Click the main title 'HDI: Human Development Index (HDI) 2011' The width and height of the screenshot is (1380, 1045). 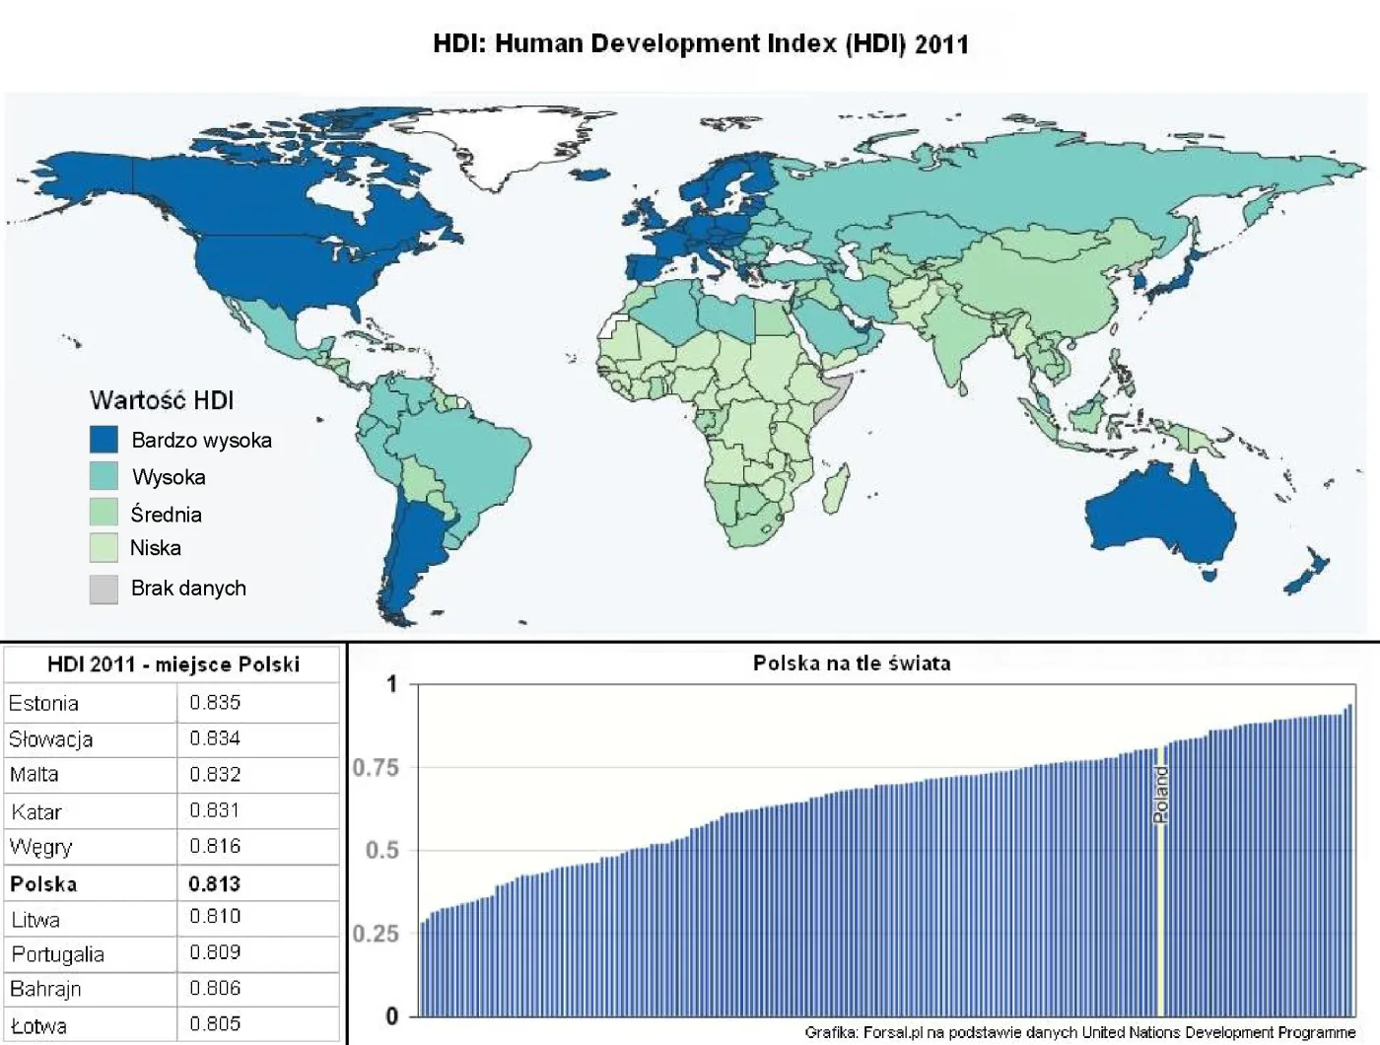(701, 44)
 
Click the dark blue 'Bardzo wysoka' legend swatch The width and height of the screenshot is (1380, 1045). (103, 440)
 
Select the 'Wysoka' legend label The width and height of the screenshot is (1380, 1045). (169, 477)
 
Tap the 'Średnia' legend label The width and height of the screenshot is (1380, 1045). (166, 514)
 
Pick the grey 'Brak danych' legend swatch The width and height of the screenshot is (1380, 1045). (103, 589)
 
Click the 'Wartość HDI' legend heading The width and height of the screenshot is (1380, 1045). (162, 400)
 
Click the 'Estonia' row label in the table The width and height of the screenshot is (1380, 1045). (43, 703)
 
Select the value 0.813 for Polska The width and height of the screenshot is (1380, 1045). (215, 883)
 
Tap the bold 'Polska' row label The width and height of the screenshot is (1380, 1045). (43, 883)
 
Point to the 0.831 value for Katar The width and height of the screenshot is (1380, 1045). (215, 810)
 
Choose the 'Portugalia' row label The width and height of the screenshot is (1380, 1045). (57, 954)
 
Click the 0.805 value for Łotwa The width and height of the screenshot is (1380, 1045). (215, 1024)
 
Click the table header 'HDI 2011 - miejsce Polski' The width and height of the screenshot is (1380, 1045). (173, 664)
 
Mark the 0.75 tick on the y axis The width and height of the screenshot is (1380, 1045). (376, 767)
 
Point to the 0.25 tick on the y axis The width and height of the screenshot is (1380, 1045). (376, 933)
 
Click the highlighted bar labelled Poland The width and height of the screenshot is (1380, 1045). (1160, 887)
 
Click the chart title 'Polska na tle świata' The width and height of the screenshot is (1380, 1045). (852, 663)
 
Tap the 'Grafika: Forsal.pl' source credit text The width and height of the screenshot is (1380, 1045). (1079, 1032)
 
